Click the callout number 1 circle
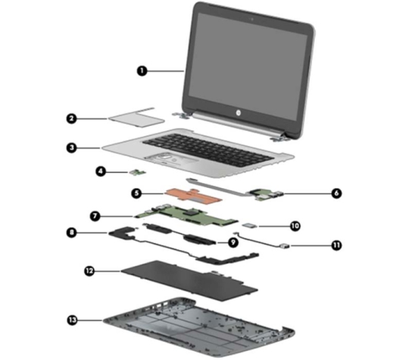[142, 70]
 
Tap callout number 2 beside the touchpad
[72, 119]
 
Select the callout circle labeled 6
[336, 193]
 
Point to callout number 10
[295, 226]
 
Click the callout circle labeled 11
[336, 245]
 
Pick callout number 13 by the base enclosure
[73, 320]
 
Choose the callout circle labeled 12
[89, 271]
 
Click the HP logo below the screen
[238, 113]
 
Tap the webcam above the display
[251, 19]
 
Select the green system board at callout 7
[186, 215]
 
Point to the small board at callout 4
[138, 172]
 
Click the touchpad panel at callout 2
[136, 119]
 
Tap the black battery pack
[189, 280]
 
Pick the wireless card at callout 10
[250, 226]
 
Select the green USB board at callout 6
[265, 195]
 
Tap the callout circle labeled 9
[233, 243]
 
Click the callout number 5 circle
[136, 193]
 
